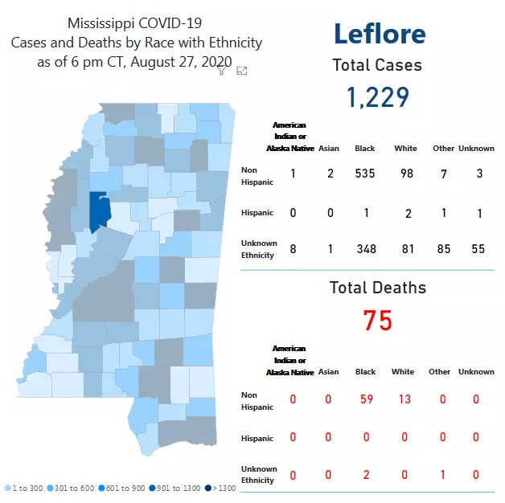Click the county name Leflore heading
(x=379, y=34)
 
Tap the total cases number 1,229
(x=378, y=97)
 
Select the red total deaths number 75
(x=377, y=321)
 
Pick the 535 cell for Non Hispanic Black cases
(x=365, y=174)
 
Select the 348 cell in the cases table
(x=366, y=249)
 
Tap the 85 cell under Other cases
(x=443, y=249)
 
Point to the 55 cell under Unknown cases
(x=478, y=249)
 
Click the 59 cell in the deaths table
(x=365, y=399)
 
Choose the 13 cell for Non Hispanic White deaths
(x=404, y=399)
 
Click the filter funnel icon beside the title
(x=223, y=71)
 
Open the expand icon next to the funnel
(x=241, y=71)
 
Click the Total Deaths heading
(x=378, y=288)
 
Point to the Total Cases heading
(x=377, y=66)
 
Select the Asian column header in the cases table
(x=329, y=149)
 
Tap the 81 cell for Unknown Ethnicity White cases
(x=408, y=249)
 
